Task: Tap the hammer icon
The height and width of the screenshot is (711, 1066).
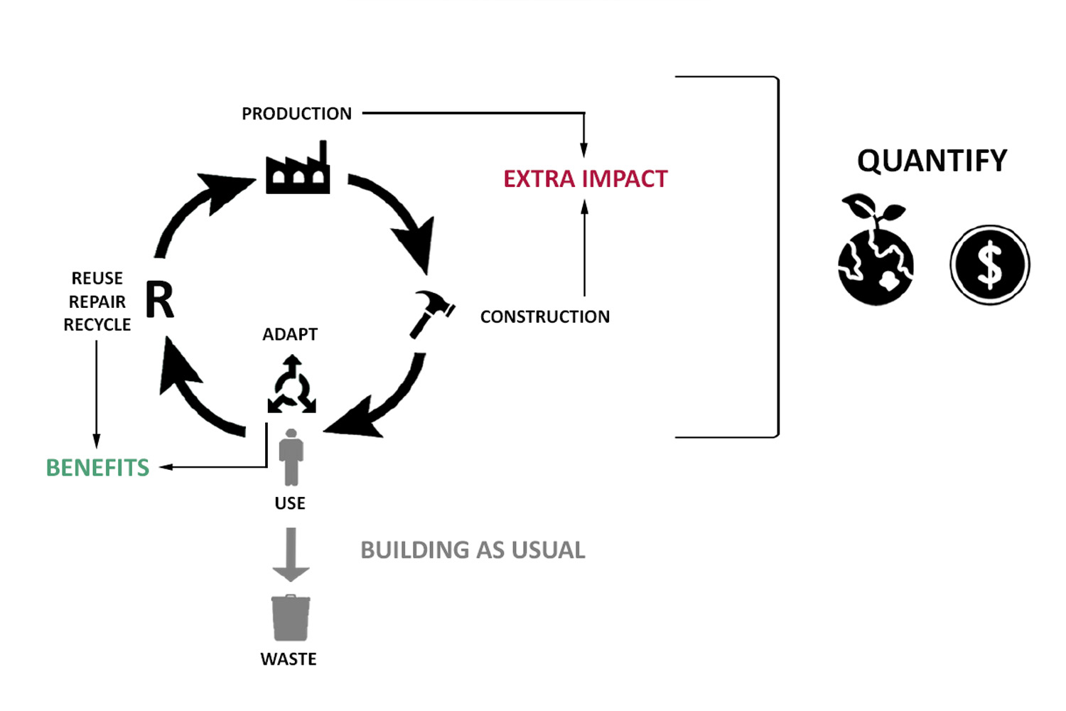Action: coord(432,312)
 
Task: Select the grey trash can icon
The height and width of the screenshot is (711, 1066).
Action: coord(290,618)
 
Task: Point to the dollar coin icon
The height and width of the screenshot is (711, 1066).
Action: coord(989,264)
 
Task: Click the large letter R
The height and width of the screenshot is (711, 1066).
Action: coord(160,300)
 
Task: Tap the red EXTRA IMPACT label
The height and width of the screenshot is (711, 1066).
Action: coord(586,178)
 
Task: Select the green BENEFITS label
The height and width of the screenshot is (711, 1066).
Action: coord(97,467)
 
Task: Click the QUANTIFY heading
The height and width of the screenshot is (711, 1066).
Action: coord(932,161)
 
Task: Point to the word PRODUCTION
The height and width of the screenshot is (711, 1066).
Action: coord(296,114)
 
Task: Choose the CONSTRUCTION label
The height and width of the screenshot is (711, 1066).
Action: coord(544,316)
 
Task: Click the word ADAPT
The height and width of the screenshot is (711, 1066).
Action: coord(290,334)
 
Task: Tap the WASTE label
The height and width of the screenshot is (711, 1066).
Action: coord(289,659)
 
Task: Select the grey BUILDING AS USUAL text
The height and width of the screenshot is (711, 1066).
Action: coord(473,550)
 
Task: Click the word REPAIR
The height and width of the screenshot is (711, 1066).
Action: coord(97,301)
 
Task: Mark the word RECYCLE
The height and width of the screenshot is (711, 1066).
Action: coord(97,325)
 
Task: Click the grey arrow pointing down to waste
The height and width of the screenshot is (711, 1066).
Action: coord(291,555)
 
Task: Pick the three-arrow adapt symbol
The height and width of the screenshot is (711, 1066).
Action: coord(291,385)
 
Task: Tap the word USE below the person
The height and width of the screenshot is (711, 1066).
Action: coord(290,503)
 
